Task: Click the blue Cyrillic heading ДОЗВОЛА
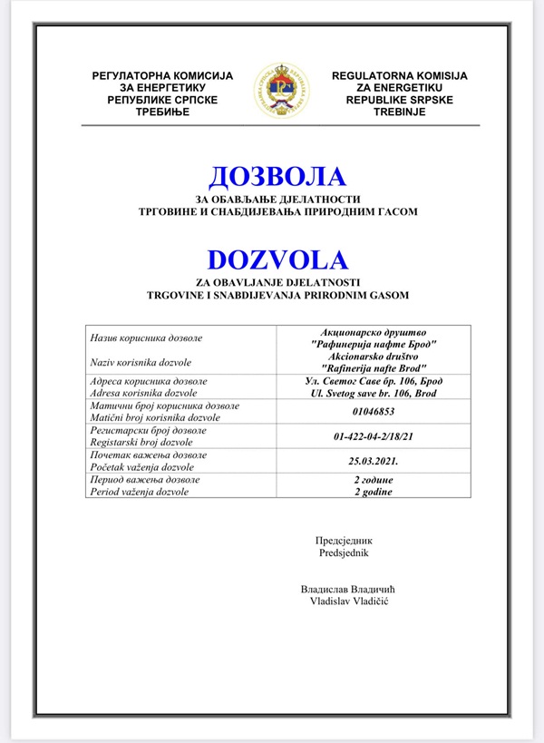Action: [277, 176]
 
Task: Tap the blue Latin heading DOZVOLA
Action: [277, 259]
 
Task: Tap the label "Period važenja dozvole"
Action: [139, 492]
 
